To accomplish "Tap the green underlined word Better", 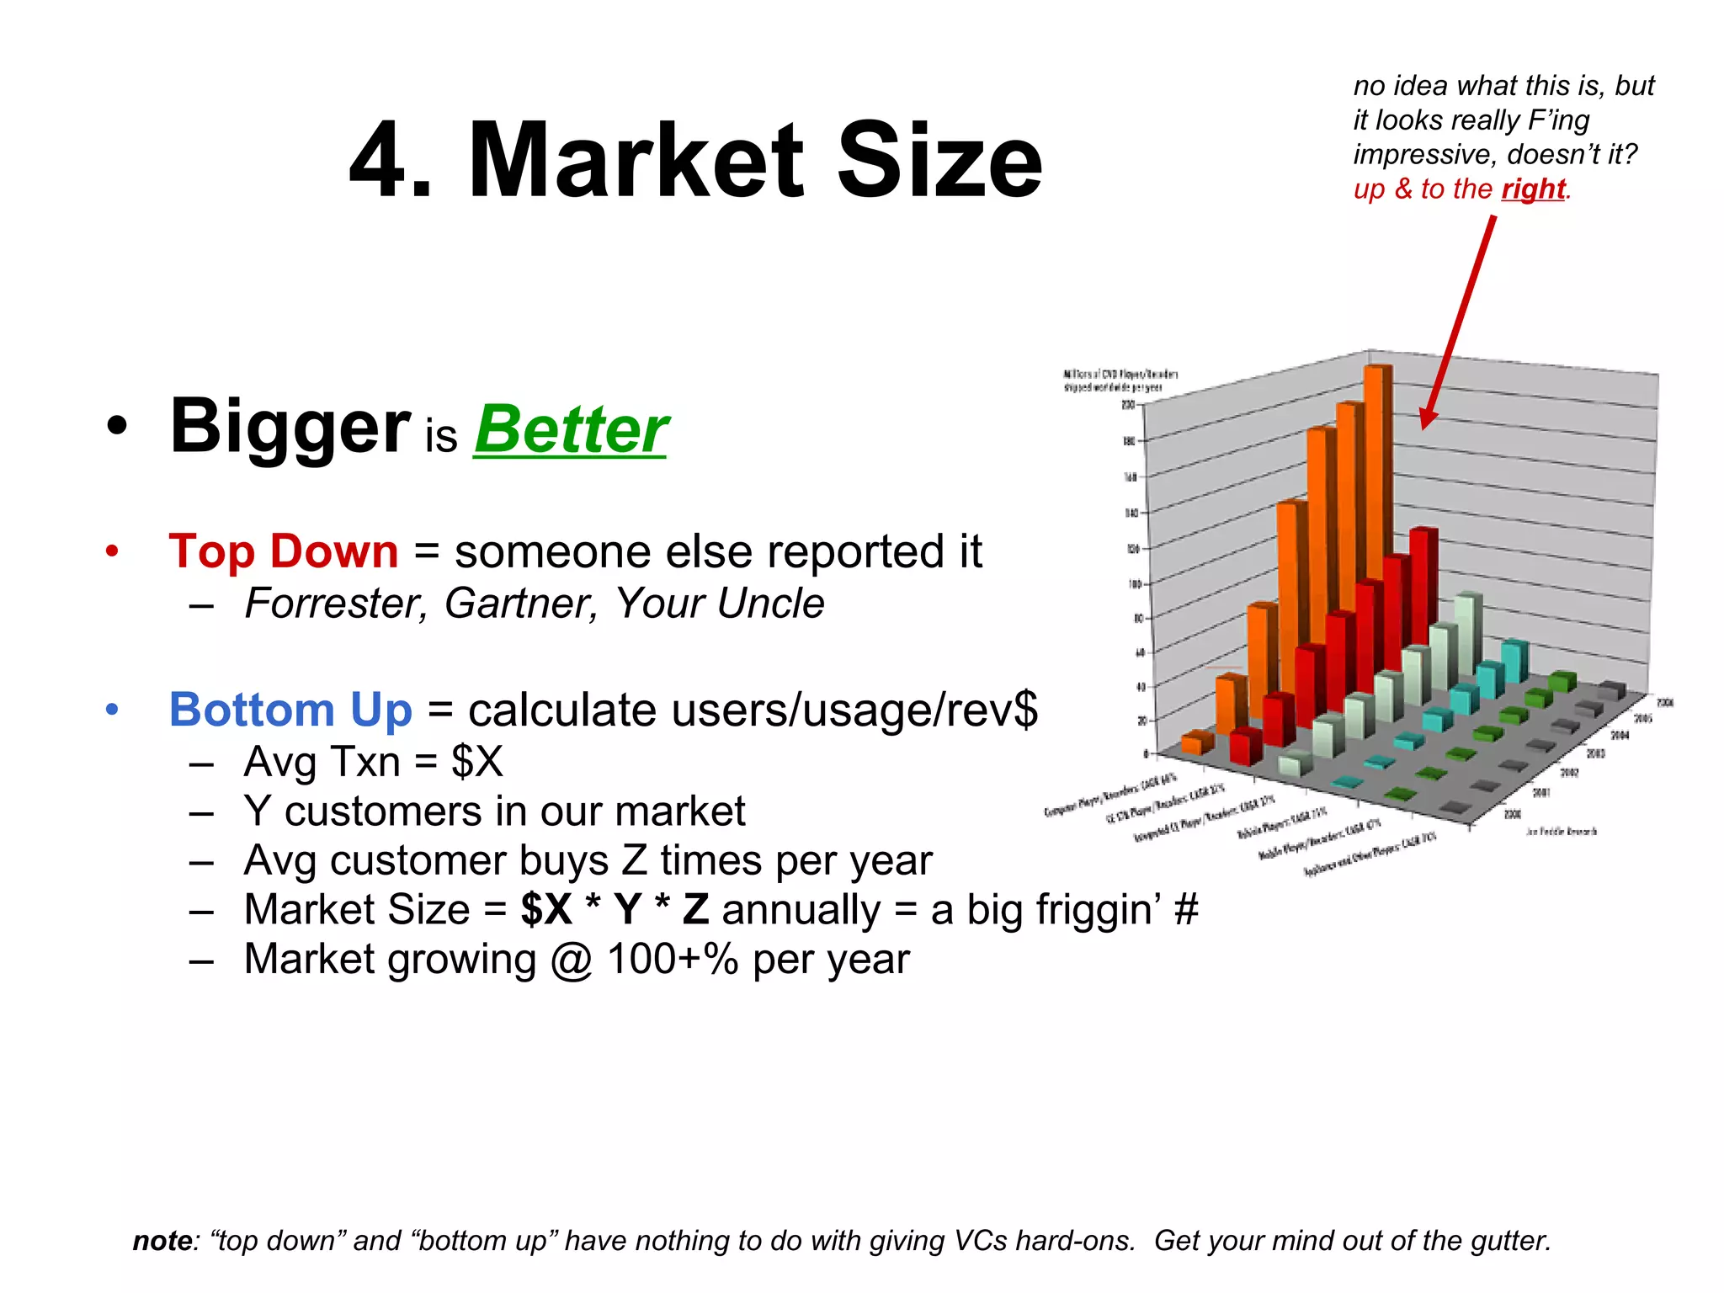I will (571, 430).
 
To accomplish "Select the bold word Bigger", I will (290, 428).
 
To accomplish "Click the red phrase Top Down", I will (283, 551).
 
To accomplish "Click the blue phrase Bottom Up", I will (290, 710).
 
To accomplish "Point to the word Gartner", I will (520, 604).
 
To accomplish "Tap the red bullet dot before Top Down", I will (112, 552).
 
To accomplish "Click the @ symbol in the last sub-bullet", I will (572, 960).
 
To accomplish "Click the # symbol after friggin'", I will (1185, 910).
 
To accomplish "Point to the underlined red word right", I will (1533, 189).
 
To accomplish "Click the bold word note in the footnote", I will (162, 1241).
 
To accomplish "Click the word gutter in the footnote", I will (1508, 1241).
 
